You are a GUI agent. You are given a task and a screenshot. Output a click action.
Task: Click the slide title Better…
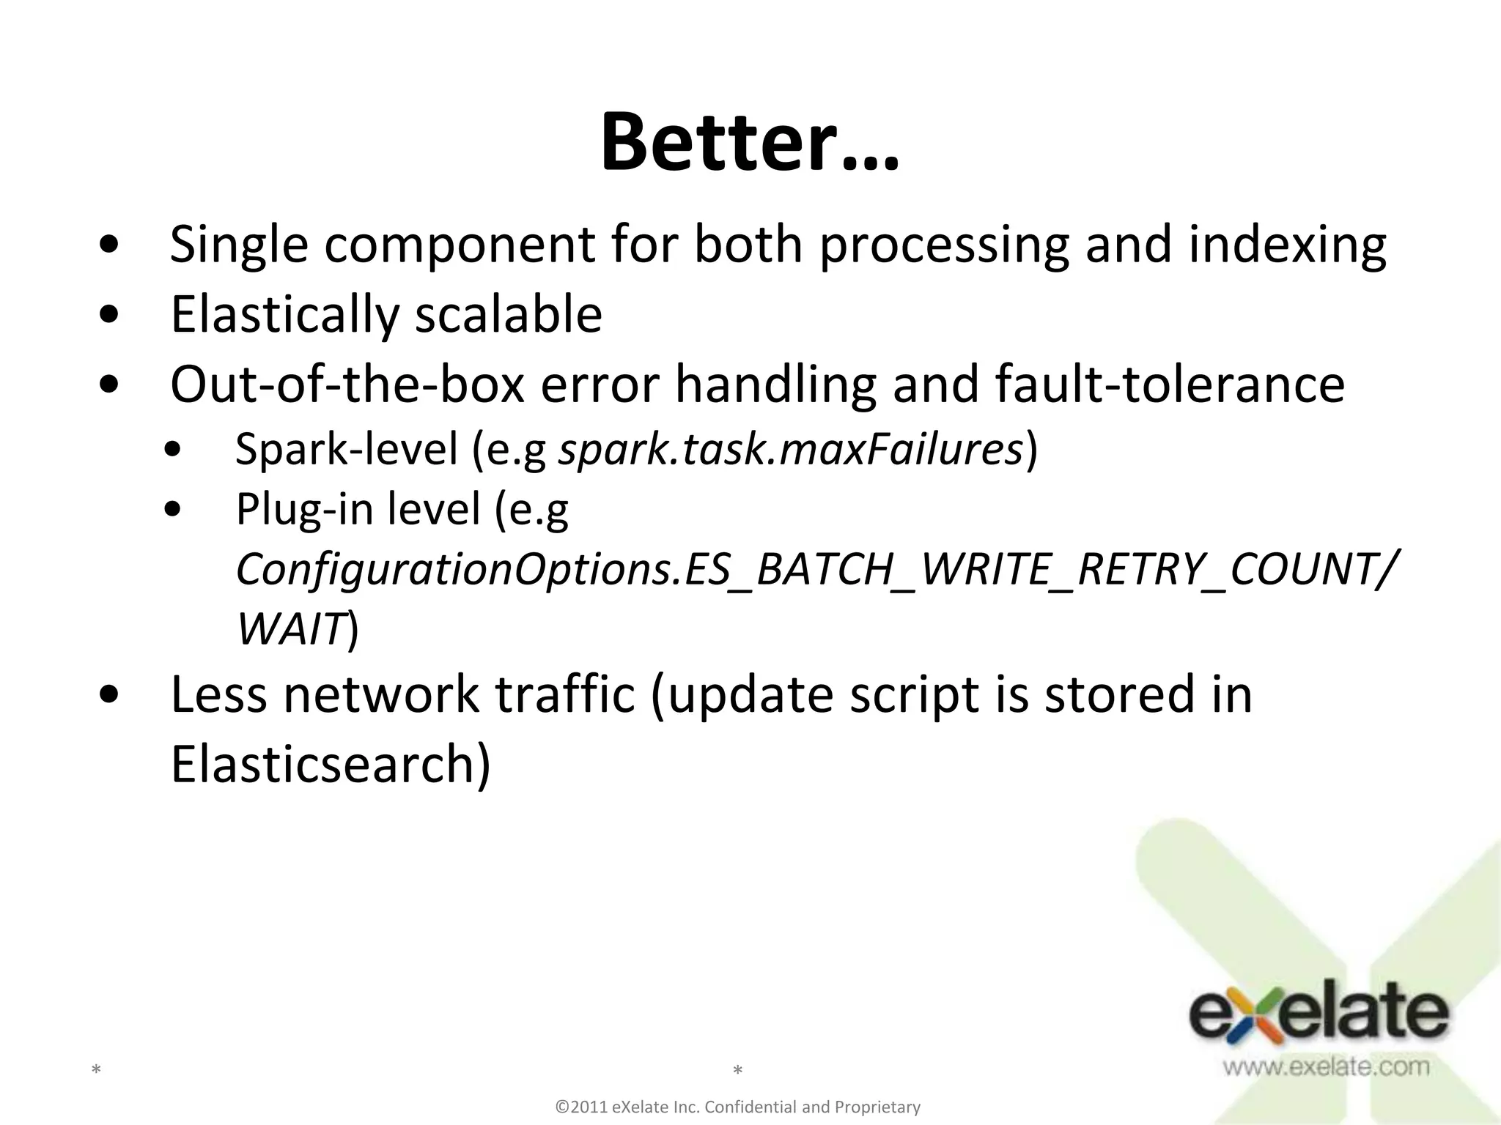[x=749, y=142]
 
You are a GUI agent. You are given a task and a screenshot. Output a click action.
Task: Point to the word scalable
[x=509, y=315]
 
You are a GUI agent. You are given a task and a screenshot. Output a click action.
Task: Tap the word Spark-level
[x=346, y=449]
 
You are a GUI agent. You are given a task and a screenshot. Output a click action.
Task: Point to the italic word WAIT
[x=290, y=628]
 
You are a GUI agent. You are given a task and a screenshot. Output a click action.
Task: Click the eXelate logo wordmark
[x=1318, y=1017]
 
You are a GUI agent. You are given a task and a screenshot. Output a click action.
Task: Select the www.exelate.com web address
[x=1325, y=1066]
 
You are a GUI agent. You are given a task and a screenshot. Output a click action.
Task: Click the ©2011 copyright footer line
[x=738, y=1107]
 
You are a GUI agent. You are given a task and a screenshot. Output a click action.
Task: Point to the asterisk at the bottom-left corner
[x=95, y=1071]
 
